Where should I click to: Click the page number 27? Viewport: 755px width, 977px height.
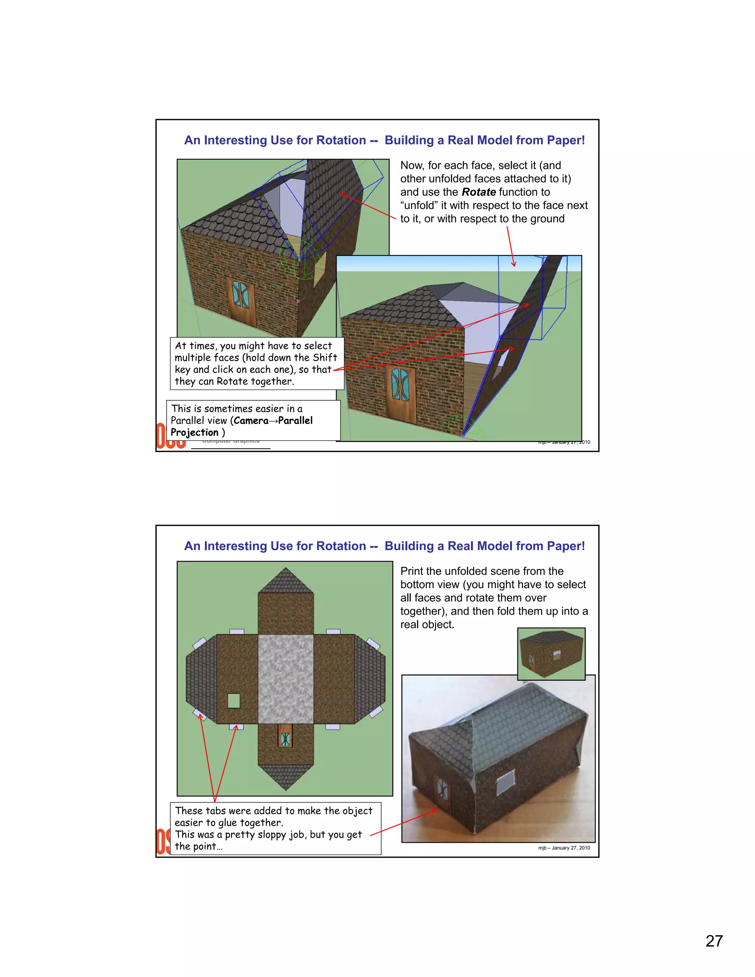click(714, 941)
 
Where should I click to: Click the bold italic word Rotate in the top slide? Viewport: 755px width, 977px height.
click(478, 192)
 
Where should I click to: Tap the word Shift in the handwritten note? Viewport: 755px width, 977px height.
click(325, 357)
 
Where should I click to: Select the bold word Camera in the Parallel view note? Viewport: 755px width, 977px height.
click(251, 421)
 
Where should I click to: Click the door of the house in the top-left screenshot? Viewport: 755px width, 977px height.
click(241, 301)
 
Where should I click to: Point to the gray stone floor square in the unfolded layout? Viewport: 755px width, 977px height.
click(285, 679)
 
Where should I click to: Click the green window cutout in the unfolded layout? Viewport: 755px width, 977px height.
click(233, 700)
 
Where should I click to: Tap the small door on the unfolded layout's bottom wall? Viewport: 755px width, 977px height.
click(285, 738)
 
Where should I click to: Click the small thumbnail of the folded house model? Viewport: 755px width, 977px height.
click(551, 654)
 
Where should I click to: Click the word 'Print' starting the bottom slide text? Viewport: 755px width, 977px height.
click(413, 571)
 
